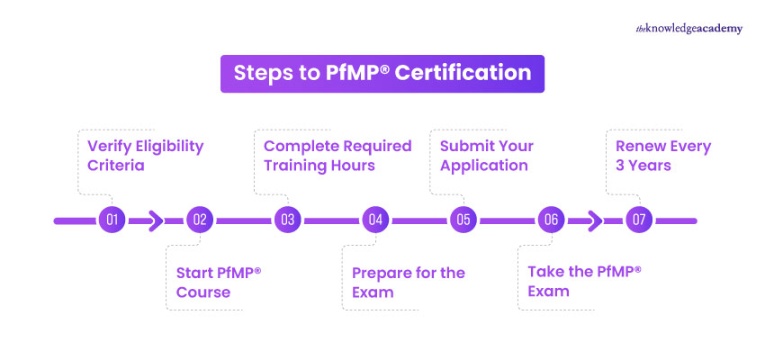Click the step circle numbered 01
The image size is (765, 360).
(112, 220)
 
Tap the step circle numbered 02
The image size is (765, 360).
(200, 220)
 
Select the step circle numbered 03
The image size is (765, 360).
(287, 220)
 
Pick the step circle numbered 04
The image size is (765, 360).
(375, 220)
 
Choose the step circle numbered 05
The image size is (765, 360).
(463, 220)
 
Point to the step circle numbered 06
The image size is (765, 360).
(551, 220)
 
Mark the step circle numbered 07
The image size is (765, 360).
(639, 220)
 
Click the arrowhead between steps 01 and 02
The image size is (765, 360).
(156, 220)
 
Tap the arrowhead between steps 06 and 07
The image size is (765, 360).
(595, 220)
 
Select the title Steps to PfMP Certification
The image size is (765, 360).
(382, 73)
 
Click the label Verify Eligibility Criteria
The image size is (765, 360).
(145, 155)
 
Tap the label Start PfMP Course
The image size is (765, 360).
(217, 282)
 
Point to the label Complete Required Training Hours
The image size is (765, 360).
(337, 155)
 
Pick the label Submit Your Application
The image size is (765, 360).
(486, 155)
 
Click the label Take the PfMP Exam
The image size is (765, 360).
(577, 282)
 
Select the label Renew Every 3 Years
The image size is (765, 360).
(662, 155)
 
